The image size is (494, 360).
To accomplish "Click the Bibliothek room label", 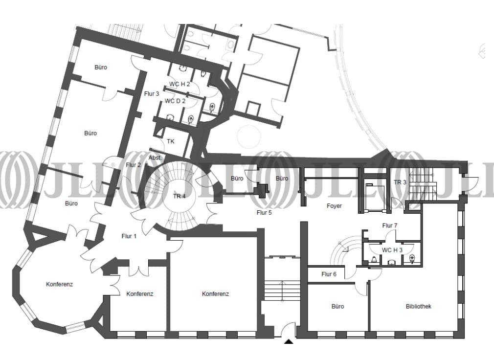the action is pyautogui.click(x=418, y=306).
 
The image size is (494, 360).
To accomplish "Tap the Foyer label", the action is pyautogui.click(x=334, y=205).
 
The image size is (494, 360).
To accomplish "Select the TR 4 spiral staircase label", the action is pyautogui.click(x=180, y=196).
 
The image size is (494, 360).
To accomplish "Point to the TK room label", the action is pyautogui.click(x=170, y=141).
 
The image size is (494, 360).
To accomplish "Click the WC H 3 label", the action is pyautogui.click(x=392, y=250).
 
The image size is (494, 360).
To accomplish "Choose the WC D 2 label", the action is pyautogui.click(x=175, y=101).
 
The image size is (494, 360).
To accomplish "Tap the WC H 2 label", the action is pyautogui.click(x=180, y=84).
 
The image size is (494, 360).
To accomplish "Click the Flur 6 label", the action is pyautogui.click(x=329, y=274).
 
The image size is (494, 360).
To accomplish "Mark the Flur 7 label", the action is pyautogui.click(x=390, y=225).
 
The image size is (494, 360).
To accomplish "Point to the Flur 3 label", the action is pyautogui.click(x=152, y=93).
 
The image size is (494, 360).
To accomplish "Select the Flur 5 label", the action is pyautogui.click(x=264, y=213).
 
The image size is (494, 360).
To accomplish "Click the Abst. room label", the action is pyautogui.click(x=155, y=158).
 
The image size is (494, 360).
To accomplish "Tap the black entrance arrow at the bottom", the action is pyautogui.click(x=289, y=341).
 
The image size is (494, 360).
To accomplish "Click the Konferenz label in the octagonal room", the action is pyautogui.click(x=59, y=284).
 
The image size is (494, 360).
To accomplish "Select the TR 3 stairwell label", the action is pyautogui.click(x=400, y=182).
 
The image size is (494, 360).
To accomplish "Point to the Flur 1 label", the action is pyautogui.click(x=129, y=236).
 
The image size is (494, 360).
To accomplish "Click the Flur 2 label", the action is pyautogui.click(x=133, y=165).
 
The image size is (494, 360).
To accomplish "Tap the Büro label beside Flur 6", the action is pyautogui.click(x=338, y=306).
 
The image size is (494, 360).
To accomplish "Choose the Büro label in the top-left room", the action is pyautogui.click(x=101, y=67).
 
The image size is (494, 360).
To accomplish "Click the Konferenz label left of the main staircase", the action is pyautogui.click(x=215, y=294).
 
